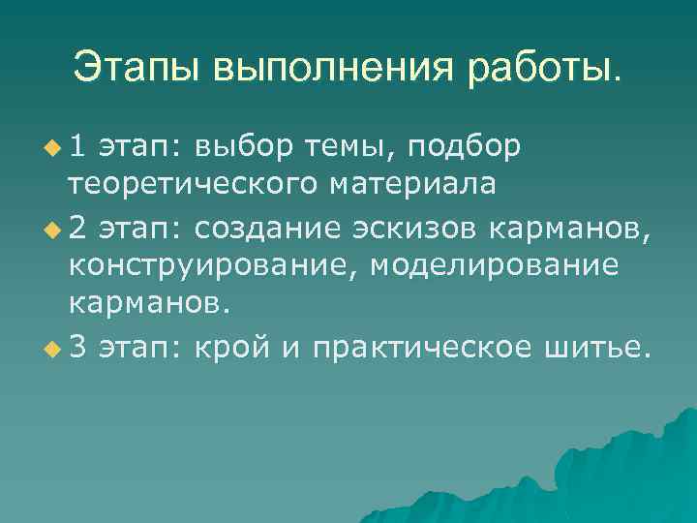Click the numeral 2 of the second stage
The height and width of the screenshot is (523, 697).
click(x=77, y=228)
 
